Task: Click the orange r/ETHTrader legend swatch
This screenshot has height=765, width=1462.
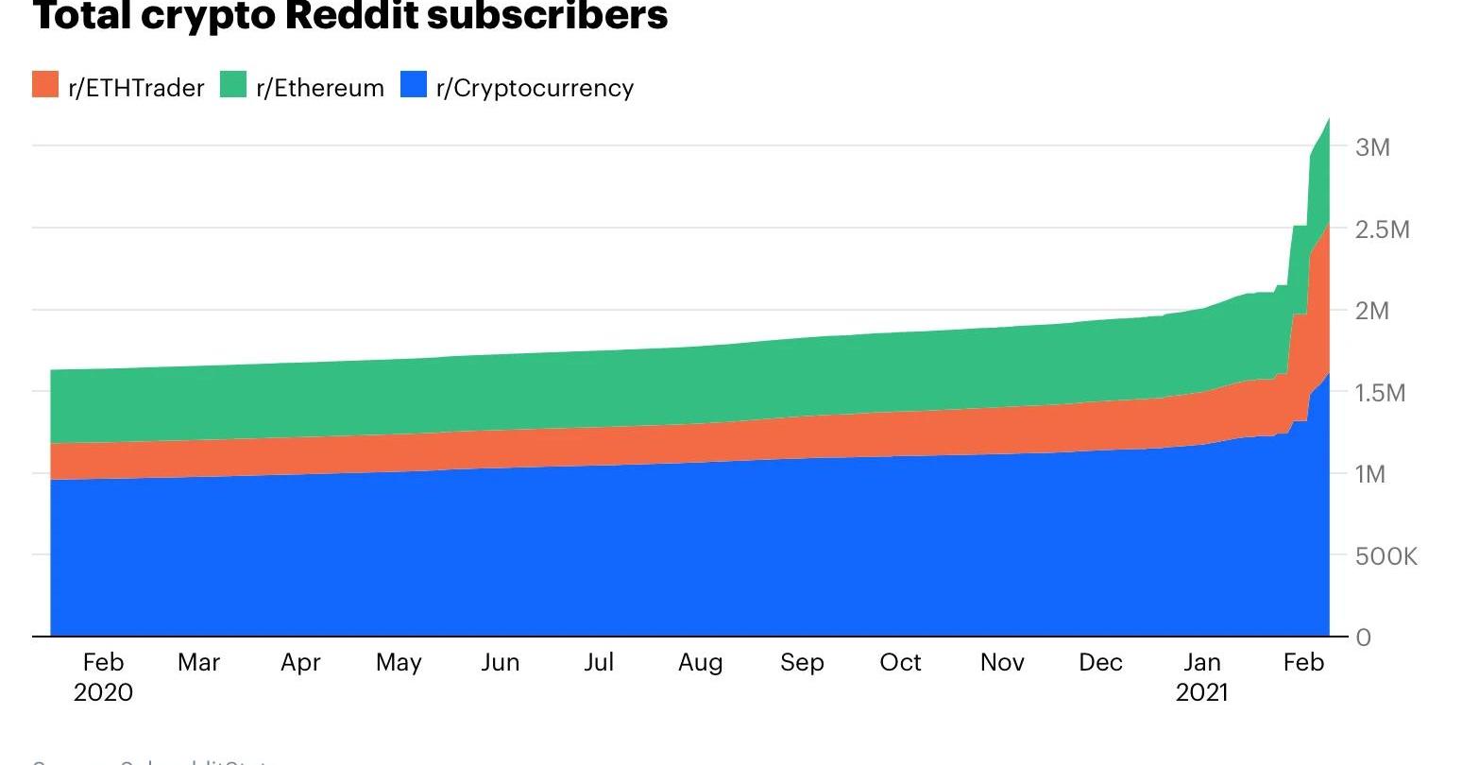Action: click(x=45, y=84)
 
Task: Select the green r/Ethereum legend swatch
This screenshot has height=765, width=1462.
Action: click(x=232, y=84)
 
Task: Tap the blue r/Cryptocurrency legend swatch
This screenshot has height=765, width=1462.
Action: click(x=414, y=84)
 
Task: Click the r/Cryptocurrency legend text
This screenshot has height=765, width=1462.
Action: click(x=535, y=88)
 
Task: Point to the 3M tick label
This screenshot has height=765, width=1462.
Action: click(x=1372, y=147)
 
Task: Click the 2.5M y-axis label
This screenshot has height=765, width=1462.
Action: click(x=1382, y=229)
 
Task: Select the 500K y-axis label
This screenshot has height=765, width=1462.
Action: click(x=1385, y=556)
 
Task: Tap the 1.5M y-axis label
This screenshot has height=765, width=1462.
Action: click(x=1380, y=393)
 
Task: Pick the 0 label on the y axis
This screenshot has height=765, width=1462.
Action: click(x=1363, y=637)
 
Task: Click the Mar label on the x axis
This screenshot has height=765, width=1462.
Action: click(x=198, y=662)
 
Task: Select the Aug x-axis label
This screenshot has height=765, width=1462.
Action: click(x=700, y=662)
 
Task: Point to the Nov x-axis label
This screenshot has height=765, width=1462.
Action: click(x=1002, y=662)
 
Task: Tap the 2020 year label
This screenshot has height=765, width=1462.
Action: click(x=103, y=692)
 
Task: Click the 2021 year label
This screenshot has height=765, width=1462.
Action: click(x=1201, y=692)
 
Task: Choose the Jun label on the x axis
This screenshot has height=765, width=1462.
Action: click(x=500, y=662)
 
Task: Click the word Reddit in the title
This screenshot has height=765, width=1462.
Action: click(x=367, y=15)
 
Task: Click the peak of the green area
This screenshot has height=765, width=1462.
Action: click(x=1328, y=120)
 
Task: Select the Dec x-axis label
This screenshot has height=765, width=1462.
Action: click(x=1100, y=662)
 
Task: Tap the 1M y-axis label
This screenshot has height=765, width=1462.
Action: click(x=1369, y=474)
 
